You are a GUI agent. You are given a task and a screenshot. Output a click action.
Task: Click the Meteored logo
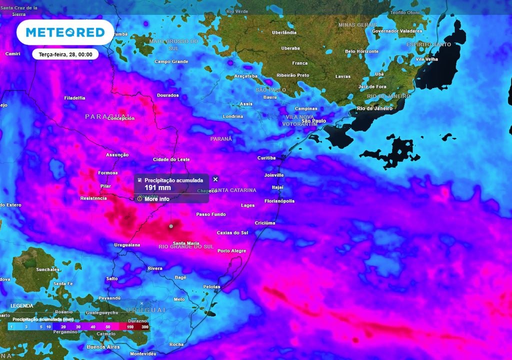point(65,32)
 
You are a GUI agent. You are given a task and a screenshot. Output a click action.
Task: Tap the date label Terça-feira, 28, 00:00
point(65,54)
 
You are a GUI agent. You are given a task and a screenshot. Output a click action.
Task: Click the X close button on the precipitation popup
point(215,179)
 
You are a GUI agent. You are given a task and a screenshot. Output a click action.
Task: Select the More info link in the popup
point(156,199)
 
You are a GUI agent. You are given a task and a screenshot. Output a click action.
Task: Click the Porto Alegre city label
point(231,250)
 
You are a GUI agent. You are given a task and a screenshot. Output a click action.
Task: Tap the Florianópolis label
point(279,201)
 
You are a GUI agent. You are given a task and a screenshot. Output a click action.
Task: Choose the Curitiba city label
point(266,158)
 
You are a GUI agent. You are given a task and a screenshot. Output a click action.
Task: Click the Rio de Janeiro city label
point(374,108)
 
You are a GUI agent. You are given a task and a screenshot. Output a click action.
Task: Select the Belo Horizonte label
point(362,51)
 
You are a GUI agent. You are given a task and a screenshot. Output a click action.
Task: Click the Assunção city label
point(117,155)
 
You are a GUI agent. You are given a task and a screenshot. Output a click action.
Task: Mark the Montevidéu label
point(143,353)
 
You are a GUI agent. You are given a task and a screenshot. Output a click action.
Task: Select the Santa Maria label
point(182,243)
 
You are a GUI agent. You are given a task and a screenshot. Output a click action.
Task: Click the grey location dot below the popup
point(171,226)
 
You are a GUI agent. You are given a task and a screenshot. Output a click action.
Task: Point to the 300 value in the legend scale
point(144,326)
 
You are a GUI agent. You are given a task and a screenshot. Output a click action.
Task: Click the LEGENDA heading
point(22,305)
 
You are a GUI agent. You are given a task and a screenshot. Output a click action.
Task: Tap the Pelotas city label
point(211,286)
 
